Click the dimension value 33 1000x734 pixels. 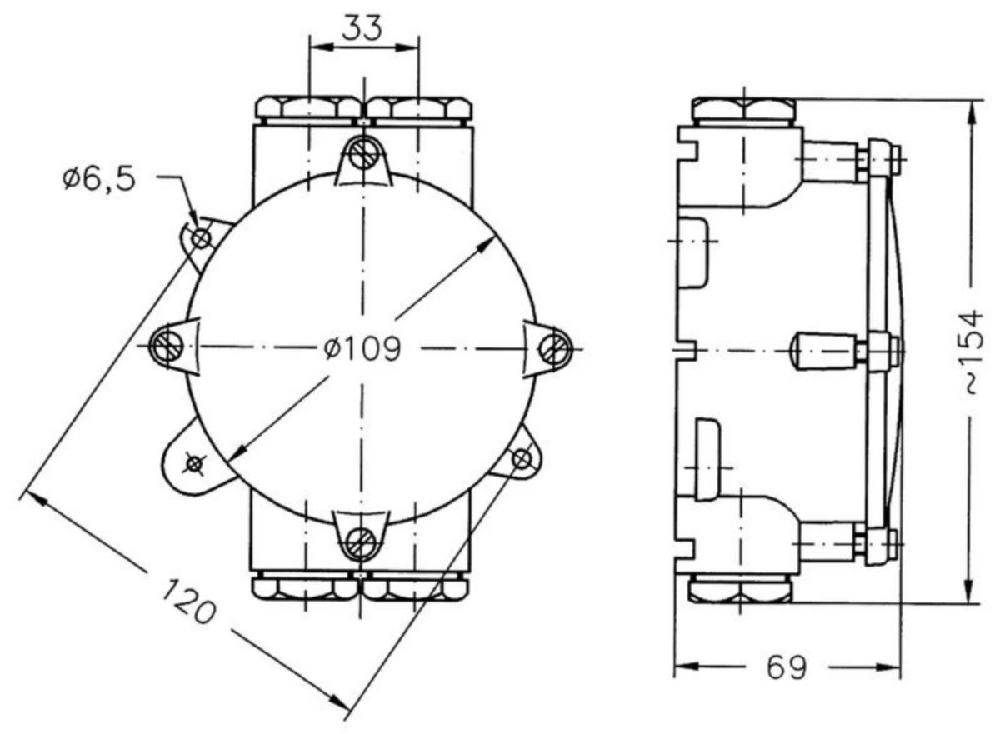coord(362,27)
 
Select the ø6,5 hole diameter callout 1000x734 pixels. coord(98,179)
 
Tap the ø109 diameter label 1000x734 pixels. coord(362,348)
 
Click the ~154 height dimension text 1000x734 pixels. coord(973,352)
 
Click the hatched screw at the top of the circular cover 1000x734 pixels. coord(362,153)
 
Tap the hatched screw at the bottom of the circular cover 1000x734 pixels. coord(362,544)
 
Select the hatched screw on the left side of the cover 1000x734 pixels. coord(166,347)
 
